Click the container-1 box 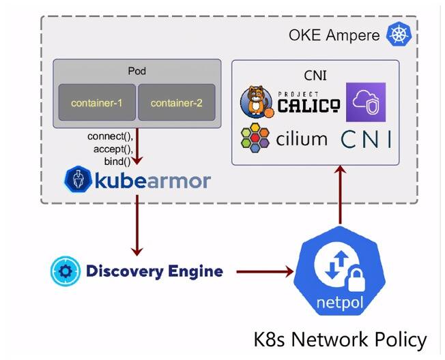[x=96, y=103]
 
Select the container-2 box [x=177, y=103]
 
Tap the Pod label [x=137, y=71]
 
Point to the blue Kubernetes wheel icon [x=399, y=34]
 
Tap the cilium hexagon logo [x=255, y=138]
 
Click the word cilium [x=302, y=139]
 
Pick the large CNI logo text [x=367, y=139]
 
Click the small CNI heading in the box [x=315, y=73]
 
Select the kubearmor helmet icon [x=78, y=179]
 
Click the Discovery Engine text [x=154, y=271]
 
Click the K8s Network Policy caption [x=340, y=339]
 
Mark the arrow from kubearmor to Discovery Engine [x=137, y=225]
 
